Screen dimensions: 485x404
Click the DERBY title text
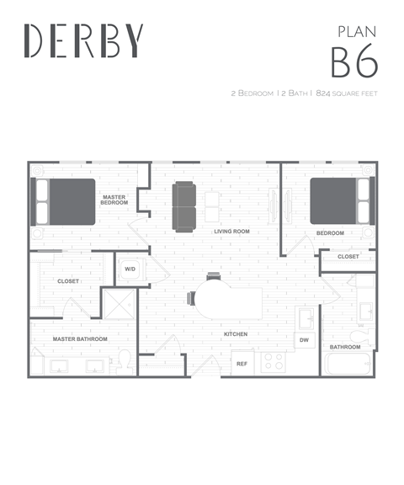[x=84, y=40]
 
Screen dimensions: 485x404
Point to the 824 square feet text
[x=347, y=93]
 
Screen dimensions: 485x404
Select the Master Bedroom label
[x=114, y=200]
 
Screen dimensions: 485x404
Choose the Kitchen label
[x=236, y=334]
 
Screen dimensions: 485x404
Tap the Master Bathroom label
[x=80, y=339]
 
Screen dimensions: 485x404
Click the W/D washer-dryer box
[x=130, y=269]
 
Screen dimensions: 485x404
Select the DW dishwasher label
[x=304, y=339]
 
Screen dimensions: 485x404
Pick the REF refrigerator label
[x=242, y=364]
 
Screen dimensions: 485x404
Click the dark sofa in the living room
[x=184, y=206]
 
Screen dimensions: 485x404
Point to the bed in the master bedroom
[x=64, y=202]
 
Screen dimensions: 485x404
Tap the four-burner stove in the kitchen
[x=274, y=362]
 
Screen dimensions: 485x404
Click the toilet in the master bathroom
[x=124, y=362]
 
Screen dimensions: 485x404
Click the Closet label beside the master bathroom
[x=68, y=281]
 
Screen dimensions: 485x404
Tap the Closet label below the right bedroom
[x=348, y=256]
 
